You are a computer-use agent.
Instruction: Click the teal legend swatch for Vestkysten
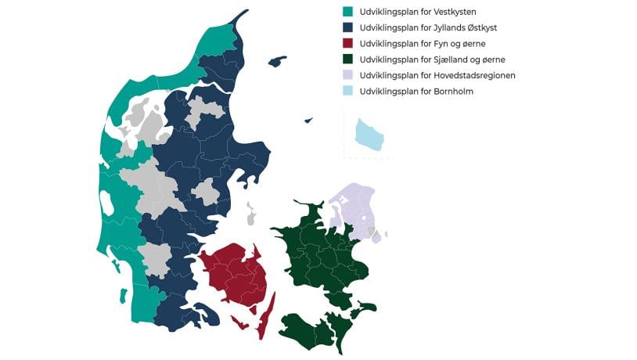(x=347, y=12)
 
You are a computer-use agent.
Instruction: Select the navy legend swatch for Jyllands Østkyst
(x=347, y=27)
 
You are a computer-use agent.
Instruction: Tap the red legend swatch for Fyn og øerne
(x=347, y=44)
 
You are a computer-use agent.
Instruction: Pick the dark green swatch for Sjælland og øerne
(x=347, y=59)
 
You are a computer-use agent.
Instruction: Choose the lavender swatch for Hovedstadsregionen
(x=347, y=75)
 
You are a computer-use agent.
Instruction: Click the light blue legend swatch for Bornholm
(x=347, y=92)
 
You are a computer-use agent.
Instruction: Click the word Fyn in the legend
(x=442, y=44)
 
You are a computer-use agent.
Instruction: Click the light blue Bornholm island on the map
(x=369, y=134)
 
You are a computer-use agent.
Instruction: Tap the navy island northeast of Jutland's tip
(x=277, y=61)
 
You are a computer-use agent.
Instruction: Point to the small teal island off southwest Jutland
(x=123, y=297)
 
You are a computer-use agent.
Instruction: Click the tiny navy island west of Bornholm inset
(x=308, y=121)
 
